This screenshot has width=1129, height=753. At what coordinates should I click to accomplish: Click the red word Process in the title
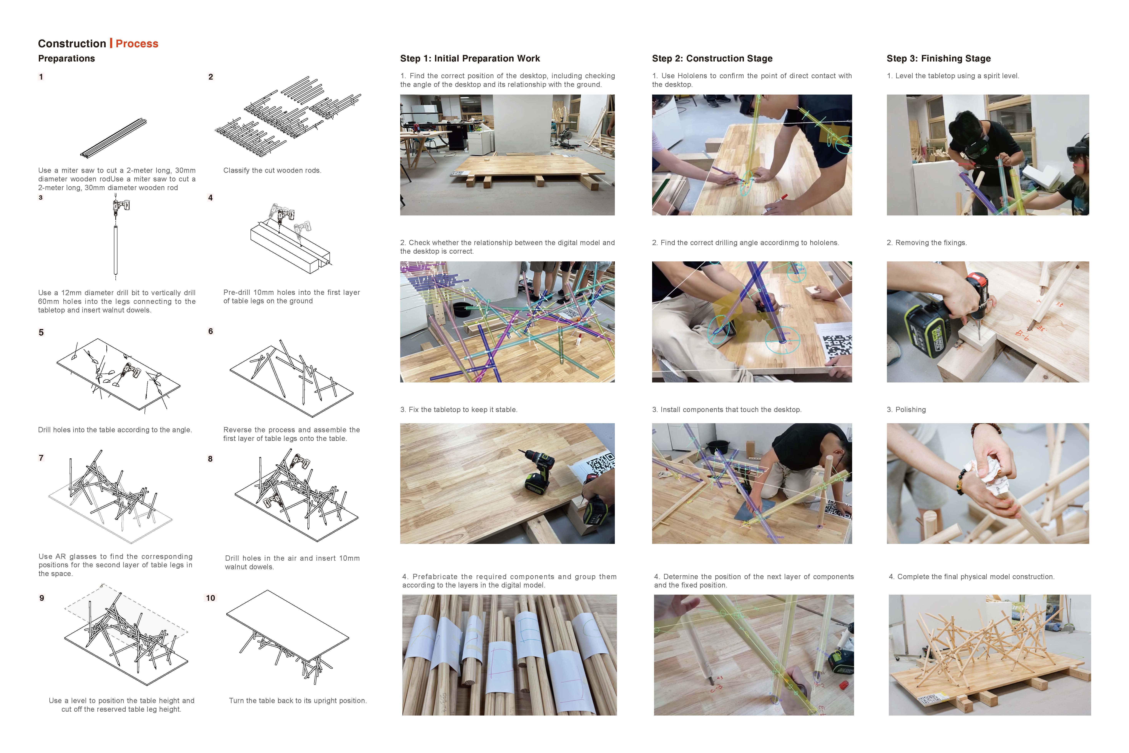coord(137,44)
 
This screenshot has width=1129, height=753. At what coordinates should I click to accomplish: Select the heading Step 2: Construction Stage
coord(712,59)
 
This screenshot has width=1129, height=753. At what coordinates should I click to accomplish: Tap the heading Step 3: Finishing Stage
coord(938,59)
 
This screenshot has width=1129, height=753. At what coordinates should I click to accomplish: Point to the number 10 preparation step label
coord(210,598)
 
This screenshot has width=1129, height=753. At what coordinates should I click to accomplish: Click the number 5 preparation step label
coord(41,332)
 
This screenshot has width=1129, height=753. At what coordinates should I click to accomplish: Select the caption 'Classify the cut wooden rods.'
coord(272,170)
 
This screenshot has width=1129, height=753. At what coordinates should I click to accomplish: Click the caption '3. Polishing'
coord(906,410)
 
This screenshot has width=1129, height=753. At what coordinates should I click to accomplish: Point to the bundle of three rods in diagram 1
coord(113,138)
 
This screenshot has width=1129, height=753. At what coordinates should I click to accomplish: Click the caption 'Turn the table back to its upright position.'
coord(298,701)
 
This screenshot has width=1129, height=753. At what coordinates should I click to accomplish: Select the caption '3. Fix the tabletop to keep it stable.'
coord(458,410)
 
